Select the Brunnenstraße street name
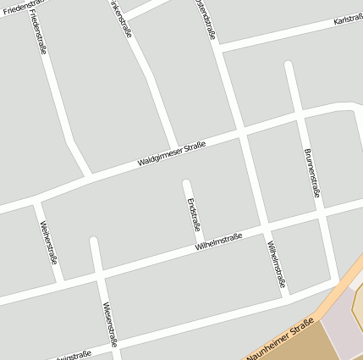311,173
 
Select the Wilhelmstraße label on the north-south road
277,263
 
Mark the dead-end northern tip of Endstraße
187,183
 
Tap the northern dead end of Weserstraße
94,241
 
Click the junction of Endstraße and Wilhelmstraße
201,246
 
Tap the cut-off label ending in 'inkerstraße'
121,14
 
